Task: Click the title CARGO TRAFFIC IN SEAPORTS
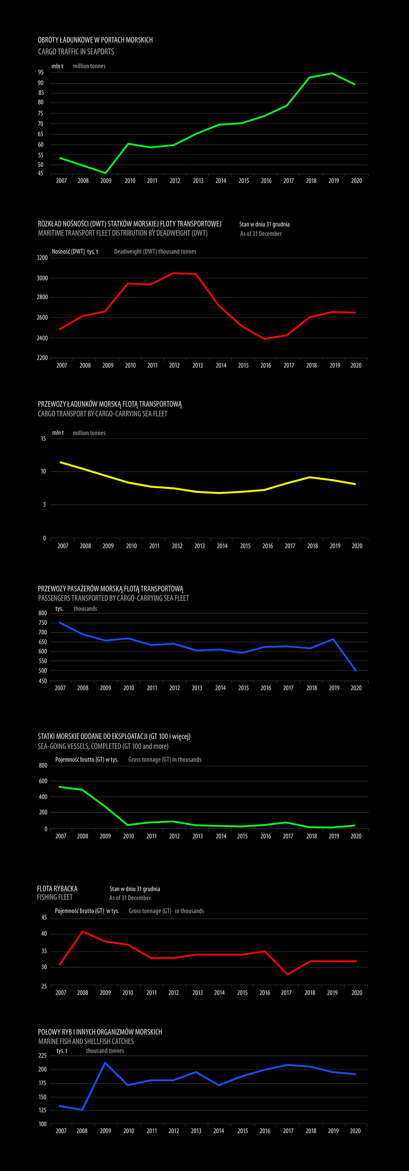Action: pyautogui.click(x=76, y=52)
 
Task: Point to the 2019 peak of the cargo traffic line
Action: pyautogui.click(x=332, y=73)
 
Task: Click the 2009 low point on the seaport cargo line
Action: pyautogui.click(x=105, y=173)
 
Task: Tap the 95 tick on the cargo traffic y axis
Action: pyautogui.click(x=41, y=72)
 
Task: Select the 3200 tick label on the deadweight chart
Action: pyautogui.click(x=42, y=258)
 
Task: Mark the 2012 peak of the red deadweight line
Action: pyautogui.click(x=173, y=273)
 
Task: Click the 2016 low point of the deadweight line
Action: pyautogui.click(x=264, y=339)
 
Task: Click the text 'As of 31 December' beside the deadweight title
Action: pyautogui.click(x=261, y=234)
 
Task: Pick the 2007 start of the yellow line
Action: pyautogui.click(x=60, y=462)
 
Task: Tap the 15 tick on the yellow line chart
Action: pyautogui.click(x=43, y=439)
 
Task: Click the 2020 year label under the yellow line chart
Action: pyautogui.click(x=357, y=546)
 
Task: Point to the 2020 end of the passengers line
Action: pyautogui.click(x=355, y=670)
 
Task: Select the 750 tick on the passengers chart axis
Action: pyautogui.click(x=43, y=623)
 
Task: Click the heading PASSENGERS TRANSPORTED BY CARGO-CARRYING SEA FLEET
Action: pyautogui.click(x=113, y=598)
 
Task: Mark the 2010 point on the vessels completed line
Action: pyautogui.click(x=128, y=825)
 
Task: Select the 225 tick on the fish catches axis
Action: pyautogui.click(x=42, y=1055)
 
